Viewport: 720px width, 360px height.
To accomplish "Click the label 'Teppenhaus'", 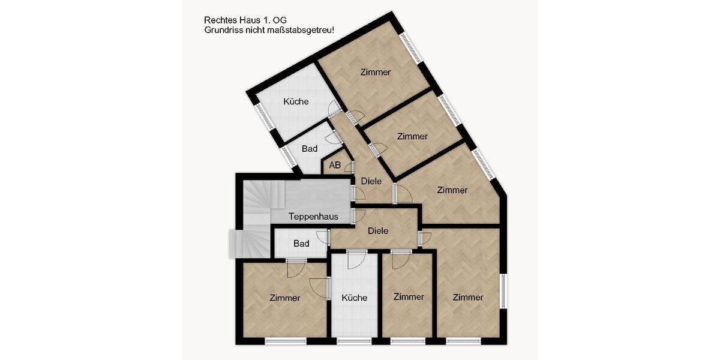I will (313, 217).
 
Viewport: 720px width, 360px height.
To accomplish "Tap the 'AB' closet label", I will (335, 165).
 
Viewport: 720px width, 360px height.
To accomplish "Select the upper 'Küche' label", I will (296, 101).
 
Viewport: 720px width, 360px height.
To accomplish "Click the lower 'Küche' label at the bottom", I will (354, 298).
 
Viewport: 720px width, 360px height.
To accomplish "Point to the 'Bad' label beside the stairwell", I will (301, 244).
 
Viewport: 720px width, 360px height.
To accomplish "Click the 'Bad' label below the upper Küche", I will (310, 148).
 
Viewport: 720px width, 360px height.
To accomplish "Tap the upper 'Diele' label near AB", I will (371, 181).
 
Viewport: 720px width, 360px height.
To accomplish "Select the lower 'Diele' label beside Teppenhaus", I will (378, 230).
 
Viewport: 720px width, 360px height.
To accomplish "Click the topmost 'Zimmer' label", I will (376, 72).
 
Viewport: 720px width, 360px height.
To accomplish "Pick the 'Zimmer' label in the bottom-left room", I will (285, 298).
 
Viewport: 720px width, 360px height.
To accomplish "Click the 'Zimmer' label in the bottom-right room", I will (468, 297).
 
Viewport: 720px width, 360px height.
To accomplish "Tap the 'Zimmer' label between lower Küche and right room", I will (409, 297).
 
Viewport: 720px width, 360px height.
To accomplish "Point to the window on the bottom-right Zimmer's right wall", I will (504, 293).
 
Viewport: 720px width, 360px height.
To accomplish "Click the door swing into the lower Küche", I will (356, 260).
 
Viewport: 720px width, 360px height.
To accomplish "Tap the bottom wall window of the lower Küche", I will (354, 341).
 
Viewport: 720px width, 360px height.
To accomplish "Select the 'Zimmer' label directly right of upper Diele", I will (452, 190).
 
